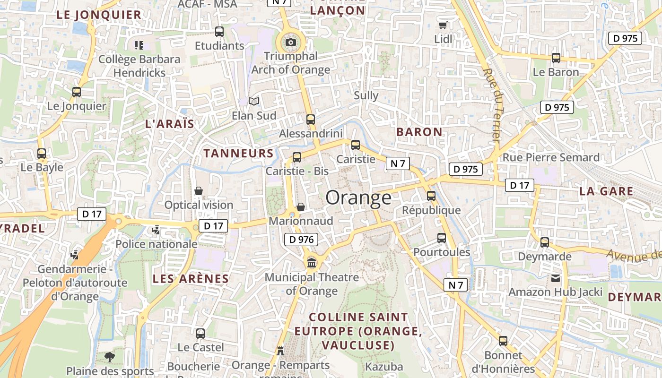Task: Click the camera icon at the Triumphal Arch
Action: tap(291, 43)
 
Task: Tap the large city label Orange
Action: tap(358, 198)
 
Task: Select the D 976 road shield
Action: tap(301, 240)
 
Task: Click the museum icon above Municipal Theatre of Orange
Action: tap(312, 263)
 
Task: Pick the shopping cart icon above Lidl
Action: tap(443, 25)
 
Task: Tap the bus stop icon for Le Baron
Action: tap(556, 58)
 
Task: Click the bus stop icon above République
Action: tap(431, 196)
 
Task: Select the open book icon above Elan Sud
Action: tap(254, 101)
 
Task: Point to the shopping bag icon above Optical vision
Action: tap(199, 191)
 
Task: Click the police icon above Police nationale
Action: tap(156, 230)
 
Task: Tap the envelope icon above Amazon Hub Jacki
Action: tap(555, 278)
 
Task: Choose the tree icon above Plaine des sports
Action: tap(110, 357)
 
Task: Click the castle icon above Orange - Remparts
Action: tap(280, 351)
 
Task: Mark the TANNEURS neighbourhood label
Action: tap(238, 153)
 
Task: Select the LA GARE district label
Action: tap(606, 191)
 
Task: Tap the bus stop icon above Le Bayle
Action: tap(42, 154)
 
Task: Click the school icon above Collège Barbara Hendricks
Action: tap(139, 45)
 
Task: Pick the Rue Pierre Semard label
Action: tap(551, 157)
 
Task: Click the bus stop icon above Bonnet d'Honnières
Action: tap(503, 341)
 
